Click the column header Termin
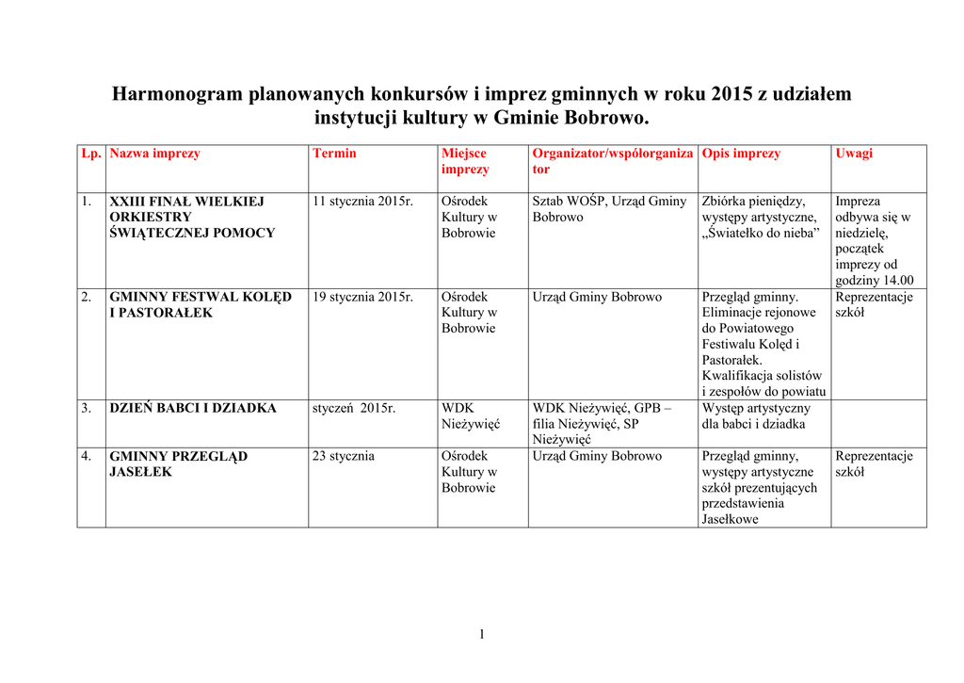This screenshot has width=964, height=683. (334, 154)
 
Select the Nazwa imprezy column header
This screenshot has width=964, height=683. (154, 154)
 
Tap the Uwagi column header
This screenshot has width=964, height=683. (854, 154)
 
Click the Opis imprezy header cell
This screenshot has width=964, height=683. (741, 154)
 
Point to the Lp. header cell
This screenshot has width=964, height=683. (91, 154)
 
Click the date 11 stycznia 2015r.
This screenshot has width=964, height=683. (362, 202)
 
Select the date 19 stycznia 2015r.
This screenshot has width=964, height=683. (362, 297)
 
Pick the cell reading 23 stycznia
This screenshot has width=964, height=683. (344, 457)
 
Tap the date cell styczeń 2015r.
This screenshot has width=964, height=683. (354, 409)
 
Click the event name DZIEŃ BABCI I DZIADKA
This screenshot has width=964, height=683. (193, 409)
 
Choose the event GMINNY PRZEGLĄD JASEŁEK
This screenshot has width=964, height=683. (178, 464)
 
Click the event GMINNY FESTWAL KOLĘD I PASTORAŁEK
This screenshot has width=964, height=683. (201, 304)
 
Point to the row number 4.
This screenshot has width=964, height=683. (86, 457)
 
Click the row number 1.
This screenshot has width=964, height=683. (86, 202)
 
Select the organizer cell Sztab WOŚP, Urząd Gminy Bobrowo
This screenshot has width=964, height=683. (609, 209)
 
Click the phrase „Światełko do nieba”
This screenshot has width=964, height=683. (762, 234)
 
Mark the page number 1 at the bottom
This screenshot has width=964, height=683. (481, 634)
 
